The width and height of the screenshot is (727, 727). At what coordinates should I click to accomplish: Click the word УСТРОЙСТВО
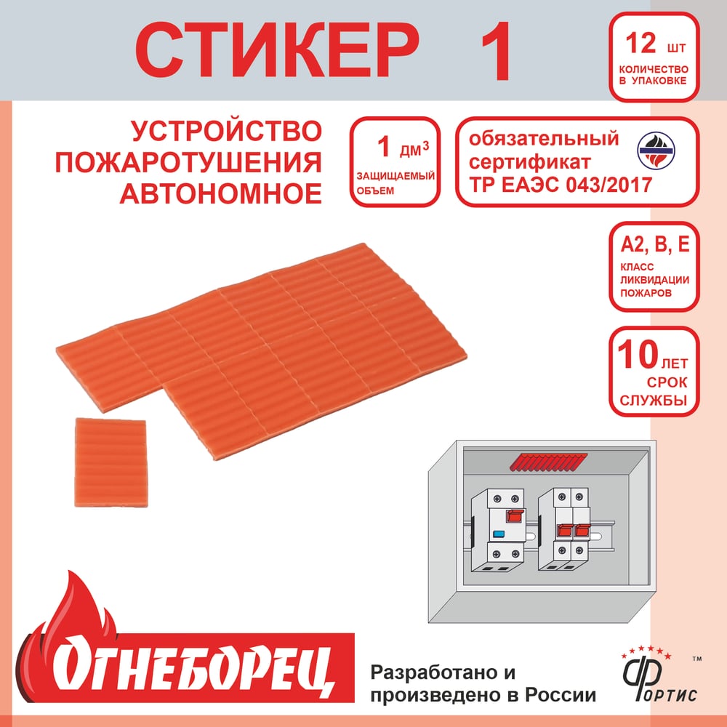[x=226, y=131]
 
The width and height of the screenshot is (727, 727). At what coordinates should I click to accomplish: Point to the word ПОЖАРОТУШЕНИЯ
[x=188, y=162]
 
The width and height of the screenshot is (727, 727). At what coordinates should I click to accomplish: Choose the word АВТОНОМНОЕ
[x=221, y=193]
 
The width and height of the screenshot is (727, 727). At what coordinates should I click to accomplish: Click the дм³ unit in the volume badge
[x=414, y=149]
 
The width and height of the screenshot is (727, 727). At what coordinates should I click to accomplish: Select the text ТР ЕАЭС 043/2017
[x=561, y=185]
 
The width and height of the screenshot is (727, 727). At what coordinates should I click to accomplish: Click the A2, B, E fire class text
[x=655, y=244]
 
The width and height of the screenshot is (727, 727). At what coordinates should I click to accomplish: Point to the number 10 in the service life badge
[x=638, y=354]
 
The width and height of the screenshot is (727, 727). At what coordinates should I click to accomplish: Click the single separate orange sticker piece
[x=111, y=462]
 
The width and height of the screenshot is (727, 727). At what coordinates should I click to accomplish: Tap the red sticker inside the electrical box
[x=548, y=462]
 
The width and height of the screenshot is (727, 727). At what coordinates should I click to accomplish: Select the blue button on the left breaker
[x=499, y=534]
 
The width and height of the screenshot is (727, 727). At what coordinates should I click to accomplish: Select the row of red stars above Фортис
[x=646, y=651]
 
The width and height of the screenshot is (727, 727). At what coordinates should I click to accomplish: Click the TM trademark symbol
[x=696, y=659]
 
